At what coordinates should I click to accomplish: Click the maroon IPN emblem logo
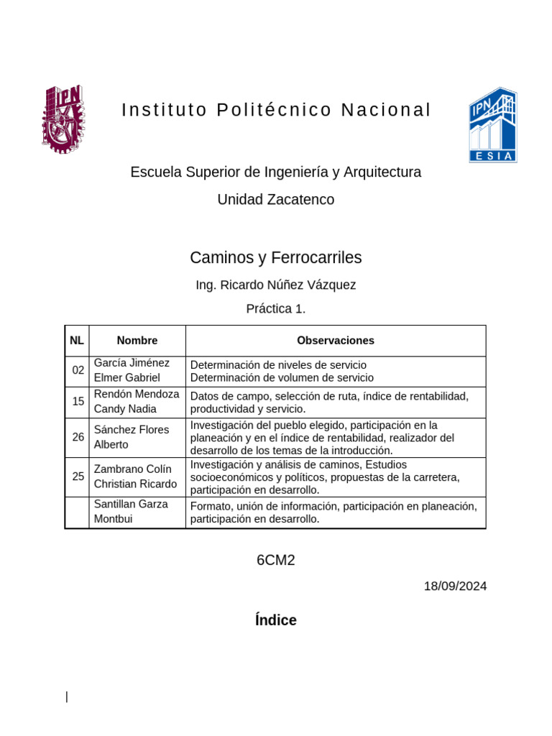pos(63,119)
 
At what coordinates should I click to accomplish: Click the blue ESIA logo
pos(492,125)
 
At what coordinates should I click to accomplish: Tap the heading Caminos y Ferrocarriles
pos(276,257)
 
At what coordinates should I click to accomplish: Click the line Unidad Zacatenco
pos(276,200)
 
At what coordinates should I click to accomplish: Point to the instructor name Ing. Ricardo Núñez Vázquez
pos(276,285)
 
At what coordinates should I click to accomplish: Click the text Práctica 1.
pos(276,309)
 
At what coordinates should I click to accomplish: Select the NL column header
pos(77,341)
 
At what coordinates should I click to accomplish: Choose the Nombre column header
pos(137,341)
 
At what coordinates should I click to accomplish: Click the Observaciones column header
pos(336,341)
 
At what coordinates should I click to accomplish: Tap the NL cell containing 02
pos(78,371)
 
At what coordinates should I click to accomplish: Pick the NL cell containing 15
pos(78,402)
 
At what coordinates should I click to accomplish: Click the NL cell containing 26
pos(78,437)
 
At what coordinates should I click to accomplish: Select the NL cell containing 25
pos(78,476)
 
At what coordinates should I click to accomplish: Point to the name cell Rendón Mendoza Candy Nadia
pos(137,402)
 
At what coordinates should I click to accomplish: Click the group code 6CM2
pos(276,561)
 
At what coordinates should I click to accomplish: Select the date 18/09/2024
pos(455,586)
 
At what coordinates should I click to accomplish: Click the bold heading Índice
pos(276,620)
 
